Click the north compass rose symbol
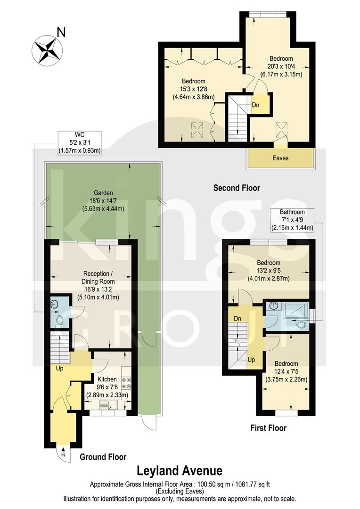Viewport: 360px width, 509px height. click(x=48, y=49)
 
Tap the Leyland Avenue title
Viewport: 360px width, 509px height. click(x=180, y=470)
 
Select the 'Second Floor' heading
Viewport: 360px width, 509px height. click(x=237, y=188)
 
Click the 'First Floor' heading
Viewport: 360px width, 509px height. click(x=268, y=428)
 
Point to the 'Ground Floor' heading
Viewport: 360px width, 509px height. click(x=103, y=456)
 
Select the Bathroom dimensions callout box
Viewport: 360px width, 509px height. click(x=292, y=220)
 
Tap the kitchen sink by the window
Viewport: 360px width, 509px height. click(x=108, y=404)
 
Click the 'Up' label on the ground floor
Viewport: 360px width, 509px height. click(x=59, y=368)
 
